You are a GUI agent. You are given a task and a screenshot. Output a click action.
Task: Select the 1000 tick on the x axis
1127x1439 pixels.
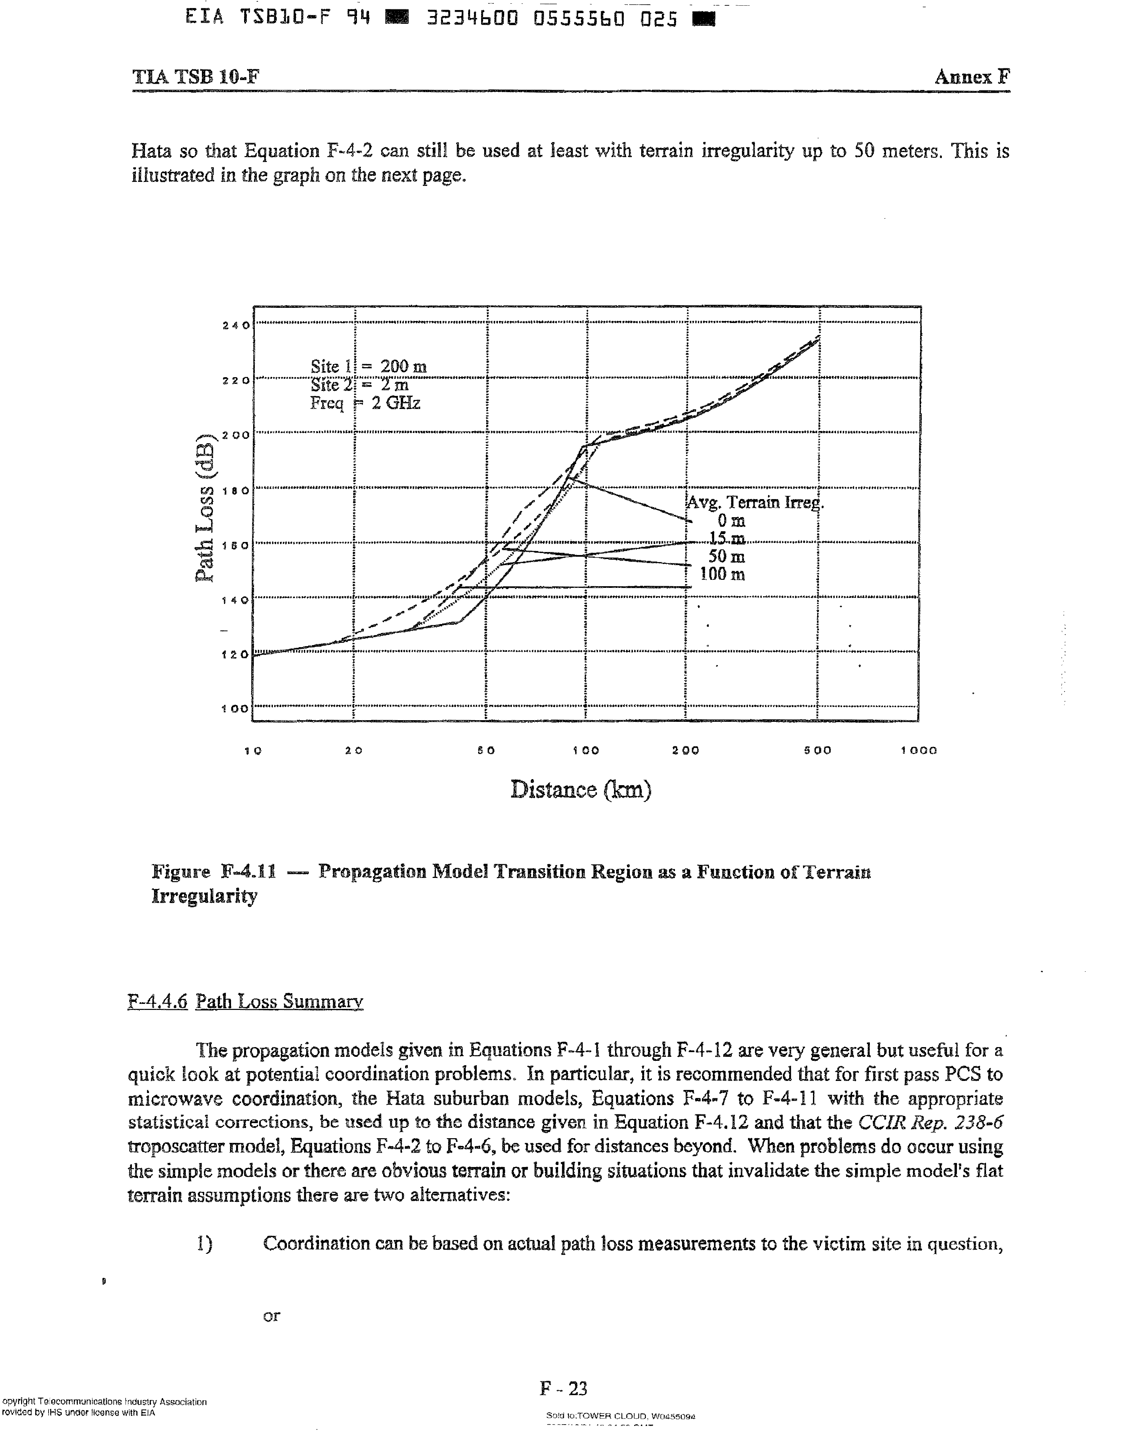pyautogui.click(x=918, y=751)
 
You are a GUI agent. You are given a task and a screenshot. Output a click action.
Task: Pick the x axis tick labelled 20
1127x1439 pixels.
pyautogui.click(x=354, y=751)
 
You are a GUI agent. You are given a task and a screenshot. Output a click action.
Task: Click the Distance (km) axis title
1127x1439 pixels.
pyautogui.click(x=581, y=790)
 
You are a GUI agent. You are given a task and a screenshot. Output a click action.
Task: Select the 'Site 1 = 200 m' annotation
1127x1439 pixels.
pyautogui.click(x=368, y=366)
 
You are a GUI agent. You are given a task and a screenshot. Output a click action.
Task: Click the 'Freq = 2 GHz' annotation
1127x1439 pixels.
pyautogui.click(x=365, y=403)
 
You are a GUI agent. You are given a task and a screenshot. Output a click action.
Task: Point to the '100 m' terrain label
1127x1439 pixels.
pyautogui.click(x=723, y=574)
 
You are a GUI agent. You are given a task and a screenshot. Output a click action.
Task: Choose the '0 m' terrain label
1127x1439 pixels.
pyautogui.click(x=731, y=522)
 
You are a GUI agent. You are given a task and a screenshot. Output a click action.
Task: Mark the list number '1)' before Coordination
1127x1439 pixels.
pyautogui.click(x=205, y=1244)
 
